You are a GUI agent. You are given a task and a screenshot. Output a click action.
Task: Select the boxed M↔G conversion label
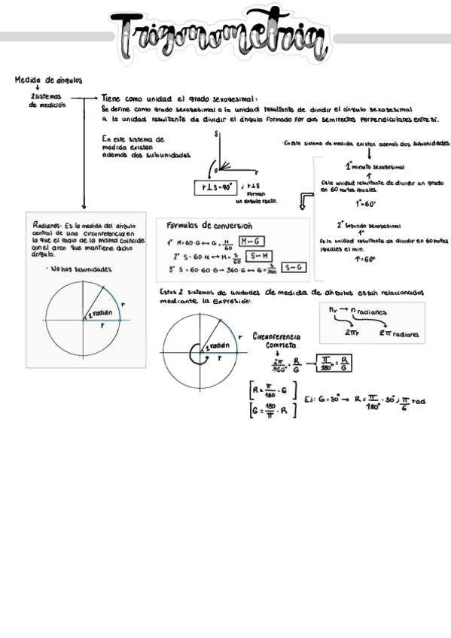point(251,241)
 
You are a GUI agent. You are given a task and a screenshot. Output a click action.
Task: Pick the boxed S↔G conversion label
point(293,267)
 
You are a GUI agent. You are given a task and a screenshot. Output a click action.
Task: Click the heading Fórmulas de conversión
point(209,226)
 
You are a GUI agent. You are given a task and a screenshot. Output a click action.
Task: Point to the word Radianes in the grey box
point(47,225)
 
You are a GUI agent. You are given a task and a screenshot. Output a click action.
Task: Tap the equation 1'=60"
point(364,259)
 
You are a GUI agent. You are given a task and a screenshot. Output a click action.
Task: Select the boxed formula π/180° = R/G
point(334,363)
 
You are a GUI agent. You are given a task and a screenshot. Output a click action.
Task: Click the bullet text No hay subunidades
point(81,269)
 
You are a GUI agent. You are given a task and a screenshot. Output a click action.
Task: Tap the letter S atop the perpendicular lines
point(216,134)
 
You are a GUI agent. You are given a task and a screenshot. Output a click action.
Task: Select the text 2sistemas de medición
point(47,101)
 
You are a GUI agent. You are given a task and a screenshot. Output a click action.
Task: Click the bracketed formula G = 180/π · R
point(274,411)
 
